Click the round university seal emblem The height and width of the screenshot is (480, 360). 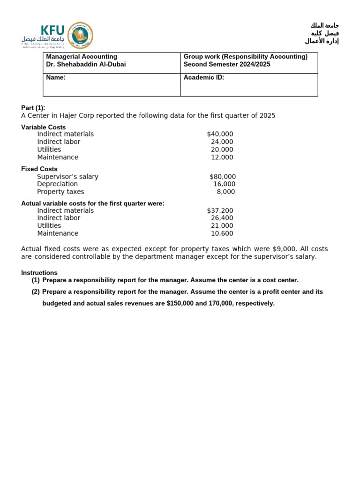[80, 35]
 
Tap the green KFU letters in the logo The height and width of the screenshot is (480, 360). [53, 30]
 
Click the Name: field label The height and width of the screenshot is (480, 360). [56, 78]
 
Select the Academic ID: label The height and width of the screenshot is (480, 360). [204, 78]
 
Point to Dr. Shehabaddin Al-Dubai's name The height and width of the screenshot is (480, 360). [86, 65]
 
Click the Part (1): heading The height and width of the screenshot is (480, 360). [33, 108]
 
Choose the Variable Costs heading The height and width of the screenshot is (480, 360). [44, 127]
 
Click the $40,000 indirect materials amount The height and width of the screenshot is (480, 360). [220, 134]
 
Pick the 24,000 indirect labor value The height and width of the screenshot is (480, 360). [222, 142]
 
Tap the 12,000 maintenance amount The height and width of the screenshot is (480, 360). [222, 157]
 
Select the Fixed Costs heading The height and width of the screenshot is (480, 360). [39, 169]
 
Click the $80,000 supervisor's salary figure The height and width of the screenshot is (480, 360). [223, 177]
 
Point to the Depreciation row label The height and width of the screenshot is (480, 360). [58, 184]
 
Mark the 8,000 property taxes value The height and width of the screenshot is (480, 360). [225, 192]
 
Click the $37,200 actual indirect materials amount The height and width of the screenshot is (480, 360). [220, 211]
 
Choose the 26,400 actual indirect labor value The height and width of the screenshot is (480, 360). [222, 218]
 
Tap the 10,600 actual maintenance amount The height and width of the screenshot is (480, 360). [222, 233]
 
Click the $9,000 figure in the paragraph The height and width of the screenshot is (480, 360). [285, 249]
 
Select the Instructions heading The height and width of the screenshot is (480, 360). [39, 273]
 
